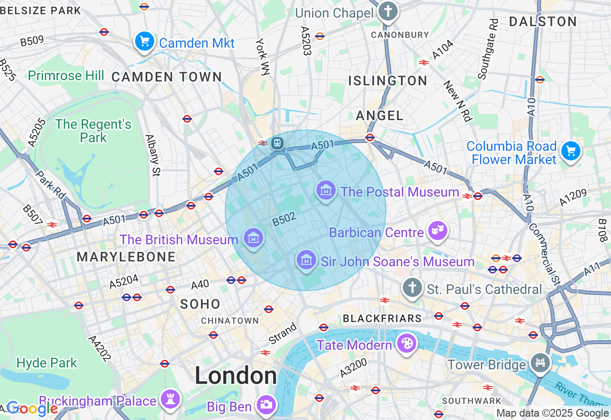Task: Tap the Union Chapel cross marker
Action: pyautogui.click(x=388, y=11)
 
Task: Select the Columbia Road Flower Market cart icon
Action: pyautogui.click(x=570, y=152)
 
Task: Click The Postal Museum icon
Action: pyautogui.click(x=326, y=191)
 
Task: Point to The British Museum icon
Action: pyautogui.click(x=253, y=237)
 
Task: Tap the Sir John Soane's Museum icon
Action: pyautogui.click(x=306, y=260)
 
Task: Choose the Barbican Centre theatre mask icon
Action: pyautogui.click(x=437, y=231)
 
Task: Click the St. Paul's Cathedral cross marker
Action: pyautogui.click(x=412, y=288)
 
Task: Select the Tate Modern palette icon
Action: pyautogui.click(x=406, y=343)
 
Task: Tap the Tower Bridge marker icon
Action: pyautogui.click(x=540, y=363)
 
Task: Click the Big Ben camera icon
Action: pyautogui.click(x=266, y=405)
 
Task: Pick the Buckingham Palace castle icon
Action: pyautogui.click(x=170, y=399)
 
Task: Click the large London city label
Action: pyautogui.click(x=235, y=376)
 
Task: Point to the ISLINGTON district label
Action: pyautogui.click(x=388, y=81)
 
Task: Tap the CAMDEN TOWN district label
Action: pyautogui.click(x=167, y=77)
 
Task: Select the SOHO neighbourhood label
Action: pyautogui.click(x=200, y=304)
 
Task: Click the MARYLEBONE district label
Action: pyautogui.click(x=126, y=257)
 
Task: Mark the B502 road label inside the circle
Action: pyautogui.click(x=284, y=219)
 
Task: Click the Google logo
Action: pyautogui.click(x=32, y=409)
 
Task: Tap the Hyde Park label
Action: pyautogui.click(x=46, y=363)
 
